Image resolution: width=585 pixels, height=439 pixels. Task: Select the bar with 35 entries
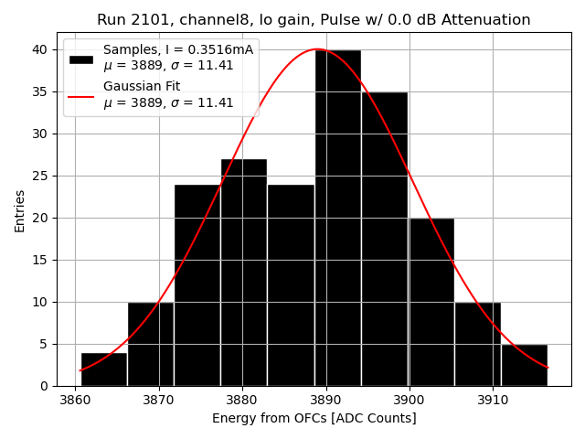point(385,239)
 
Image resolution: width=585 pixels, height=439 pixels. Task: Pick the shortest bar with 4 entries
point(104,369)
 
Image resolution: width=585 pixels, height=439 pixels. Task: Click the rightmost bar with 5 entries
point(525,365)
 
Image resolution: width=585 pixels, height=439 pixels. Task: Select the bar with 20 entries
point(431,302)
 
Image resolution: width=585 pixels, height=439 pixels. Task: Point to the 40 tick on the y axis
point(43,49)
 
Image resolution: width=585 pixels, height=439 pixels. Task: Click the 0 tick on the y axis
point(46,386)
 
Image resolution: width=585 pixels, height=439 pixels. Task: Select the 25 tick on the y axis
point(43,176)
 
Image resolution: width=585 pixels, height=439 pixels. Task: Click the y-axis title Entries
point(20,211)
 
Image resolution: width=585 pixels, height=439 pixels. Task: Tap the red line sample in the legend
point(81,94)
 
